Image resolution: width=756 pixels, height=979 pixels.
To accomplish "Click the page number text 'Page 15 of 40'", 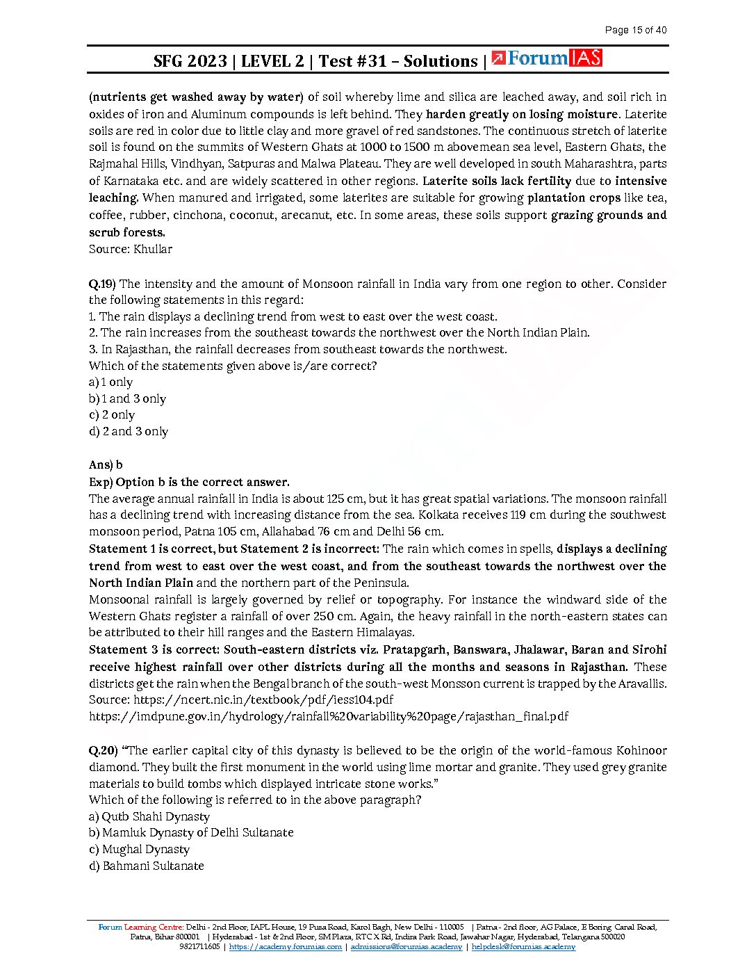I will pos(635,30).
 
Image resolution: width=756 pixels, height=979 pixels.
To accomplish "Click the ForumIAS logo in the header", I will pos(546,59).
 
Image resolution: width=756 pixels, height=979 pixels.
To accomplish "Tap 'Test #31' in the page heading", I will pos(352,61).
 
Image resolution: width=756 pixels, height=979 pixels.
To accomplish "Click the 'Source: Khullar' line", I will pos(131,249).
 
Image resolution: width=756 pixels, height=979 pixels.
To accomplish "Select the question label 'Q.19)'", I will pos(102,284).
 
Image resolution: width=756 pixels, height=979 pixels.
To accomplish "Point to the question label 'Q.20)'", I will pos(103,750).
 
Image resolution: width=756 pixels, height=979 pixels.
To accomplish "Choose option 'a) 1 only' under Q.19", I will pos(110,382).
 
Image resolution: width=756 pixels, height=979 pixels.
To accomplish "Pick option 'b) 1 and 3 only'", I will pos(127,398).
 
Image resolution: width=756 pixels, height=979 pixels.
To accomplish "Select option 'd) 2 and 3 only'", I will pos(129,431).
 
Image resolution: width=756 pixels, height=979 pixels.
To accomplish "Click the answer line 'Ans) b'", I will pos(106,464).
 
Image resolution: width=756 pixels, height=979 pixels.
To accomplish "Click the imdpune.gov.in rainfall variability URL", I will pos(329,716).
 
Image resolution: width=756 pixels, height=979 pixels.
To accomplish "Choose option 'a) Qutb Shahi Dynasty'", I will pos(149,816).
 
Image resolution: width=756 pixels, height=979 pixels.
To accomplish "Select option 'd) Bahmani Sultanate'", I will pos(147,866).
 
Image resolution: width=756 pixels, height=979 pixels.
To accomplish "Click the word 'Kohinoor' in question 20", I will pos(640,750).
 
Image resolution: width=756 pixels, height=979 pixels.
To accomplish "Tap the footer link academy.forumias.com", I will pos(285,947).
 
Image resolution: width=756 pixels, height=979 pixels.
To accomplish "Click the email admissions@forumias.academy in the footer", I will pos(406,947).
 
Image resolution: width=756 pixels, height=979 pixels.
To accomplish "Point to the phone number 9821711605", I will pos(199,947).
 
